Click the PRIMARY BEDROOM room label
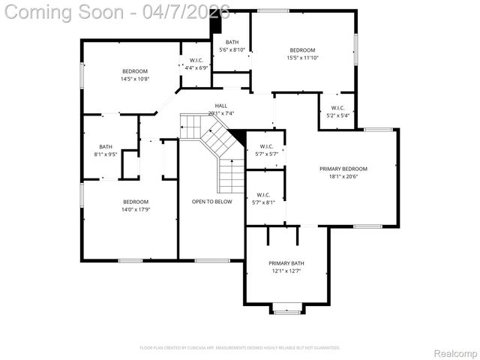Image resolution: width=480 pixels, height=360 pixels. click(343, 169)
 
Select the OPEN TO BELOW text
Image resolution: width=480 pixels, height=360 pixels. click(211, 202)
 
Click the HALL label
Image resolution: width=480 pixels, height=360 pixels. click(221, 106)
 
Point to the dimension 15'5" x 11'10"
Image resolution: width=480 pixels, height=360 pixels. click(302, 58)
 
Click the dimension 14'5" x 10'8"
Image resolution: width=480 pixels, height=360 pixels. click(136, 79)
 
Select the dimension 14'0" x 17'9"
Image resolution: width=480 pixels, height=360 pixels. click(136, 209)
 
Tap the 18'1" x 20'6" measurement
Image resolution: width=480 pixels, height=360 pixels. click(343, 177)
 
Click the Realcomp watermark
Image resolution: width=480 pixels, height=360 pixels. click(455, 352)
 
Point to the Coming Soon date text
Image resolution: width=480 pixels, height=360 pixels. click(117, 12)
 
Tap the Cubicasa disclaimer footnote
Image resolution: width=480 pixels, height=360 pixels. click(240, 348)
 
